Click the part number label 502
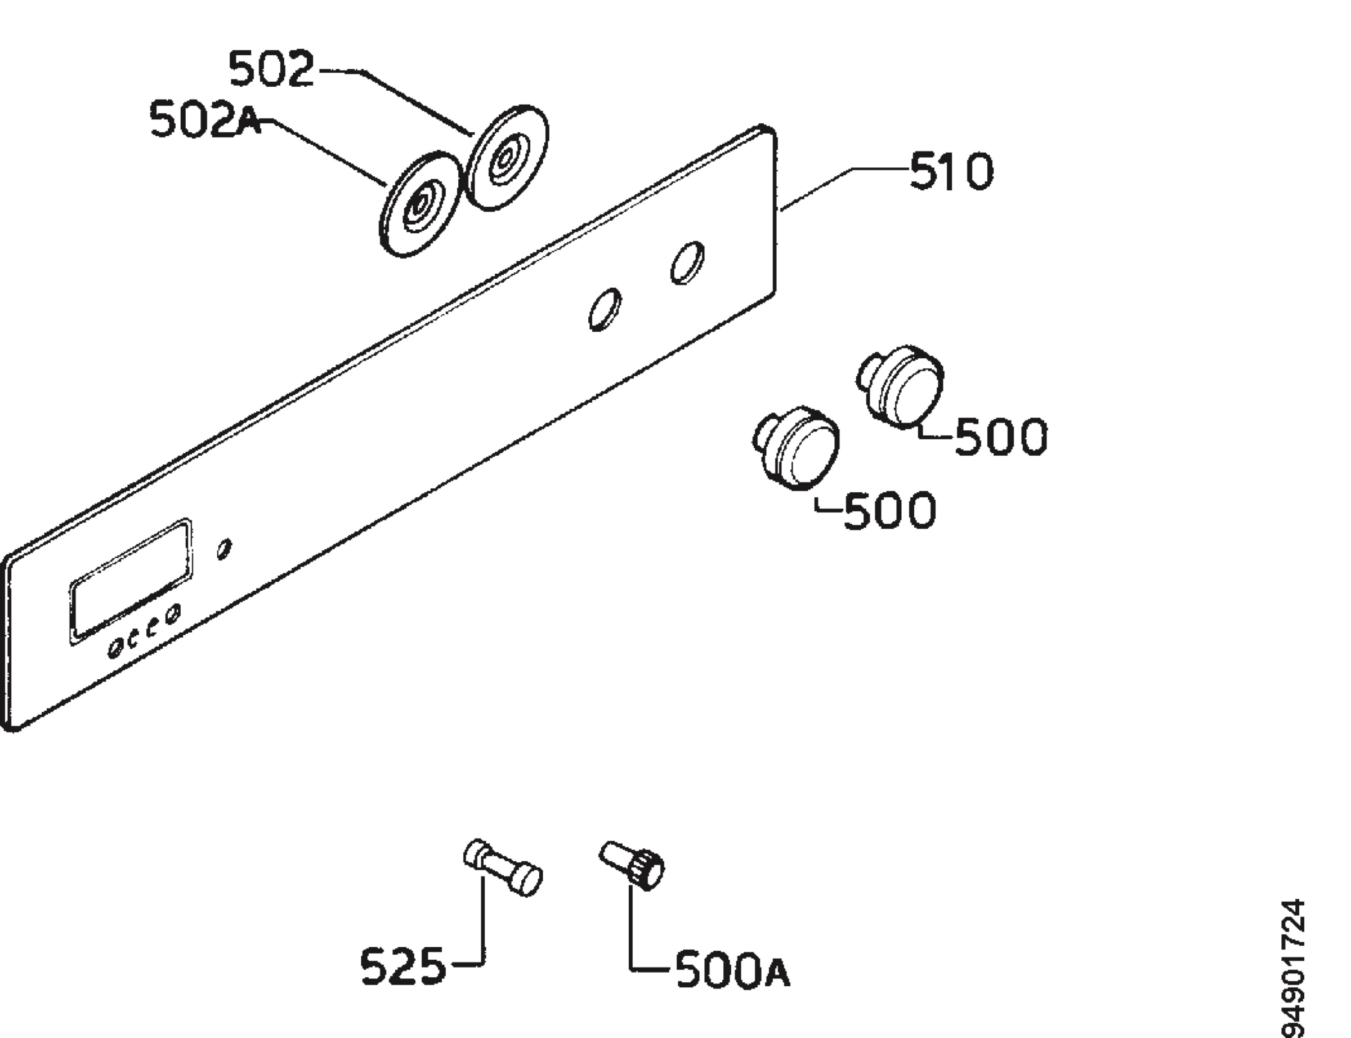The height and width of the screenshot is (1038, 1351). tap(271, 69)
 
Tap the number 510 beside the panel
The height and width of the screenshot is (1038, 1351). tap(951, 171)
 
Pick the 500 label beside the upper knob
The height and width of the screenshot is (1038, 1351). tap(1001, 437)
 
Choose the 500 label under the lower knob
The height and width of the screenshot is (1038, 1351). tap(889, 510)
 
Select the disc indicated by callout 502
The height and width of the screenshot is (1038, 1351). tap(508, 158)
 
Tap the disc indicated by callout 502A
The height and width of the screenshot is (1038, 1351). tap(420, 204)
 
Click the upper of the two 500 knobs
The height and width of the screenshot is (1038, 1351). tap(901, 386)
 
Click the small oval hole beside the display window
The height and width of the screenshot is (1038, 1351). tap(225, 549)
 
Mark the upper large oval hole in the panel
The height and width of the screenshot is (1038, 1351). tap(687, 263)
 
